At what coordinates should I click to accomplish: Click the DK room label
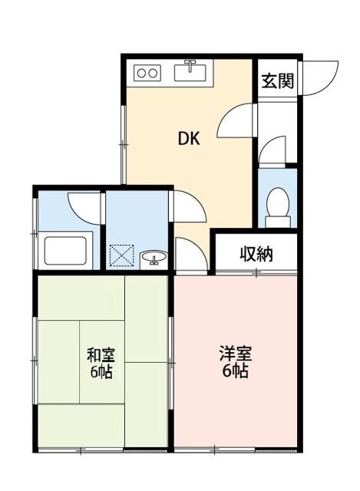[x=189, y=139]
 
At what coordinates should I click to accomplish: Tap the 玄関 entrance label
[x=277, y=81]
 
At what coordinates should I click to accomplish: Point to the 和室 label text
[x=101, y=356]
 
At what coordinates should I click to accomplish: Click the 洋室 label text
[x=234, y=355]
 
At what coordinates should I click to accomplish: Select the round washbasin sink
[x=154, y=257]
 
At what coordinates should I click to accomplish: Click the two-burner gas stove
[x=147, y=74]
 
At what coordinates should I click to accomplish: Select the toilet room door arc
[x=272, y=150]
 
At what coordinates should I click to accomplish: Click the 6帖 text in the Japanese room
[x=101, y=374]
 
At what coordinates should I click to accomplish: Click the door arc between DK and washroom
[x=187, y=206]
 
